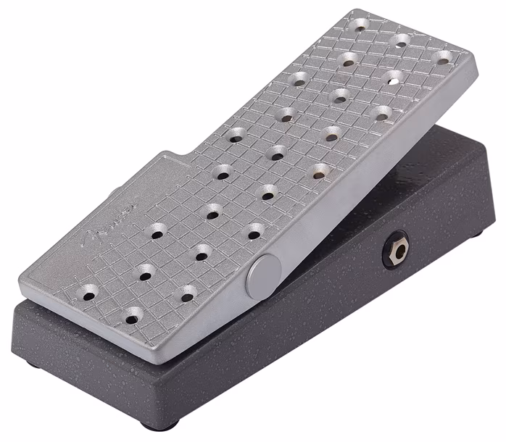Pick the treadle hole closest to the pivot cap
point(254,232)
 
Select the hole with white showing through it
point(392,77)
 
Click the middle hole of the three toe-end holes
point(400,41)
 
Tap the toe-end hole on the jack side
point(441,58)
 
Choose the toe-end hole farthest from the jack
point(360,26)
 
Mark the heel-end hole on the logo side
point(88,294)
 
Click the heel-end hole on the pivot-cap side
point(133,315)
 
